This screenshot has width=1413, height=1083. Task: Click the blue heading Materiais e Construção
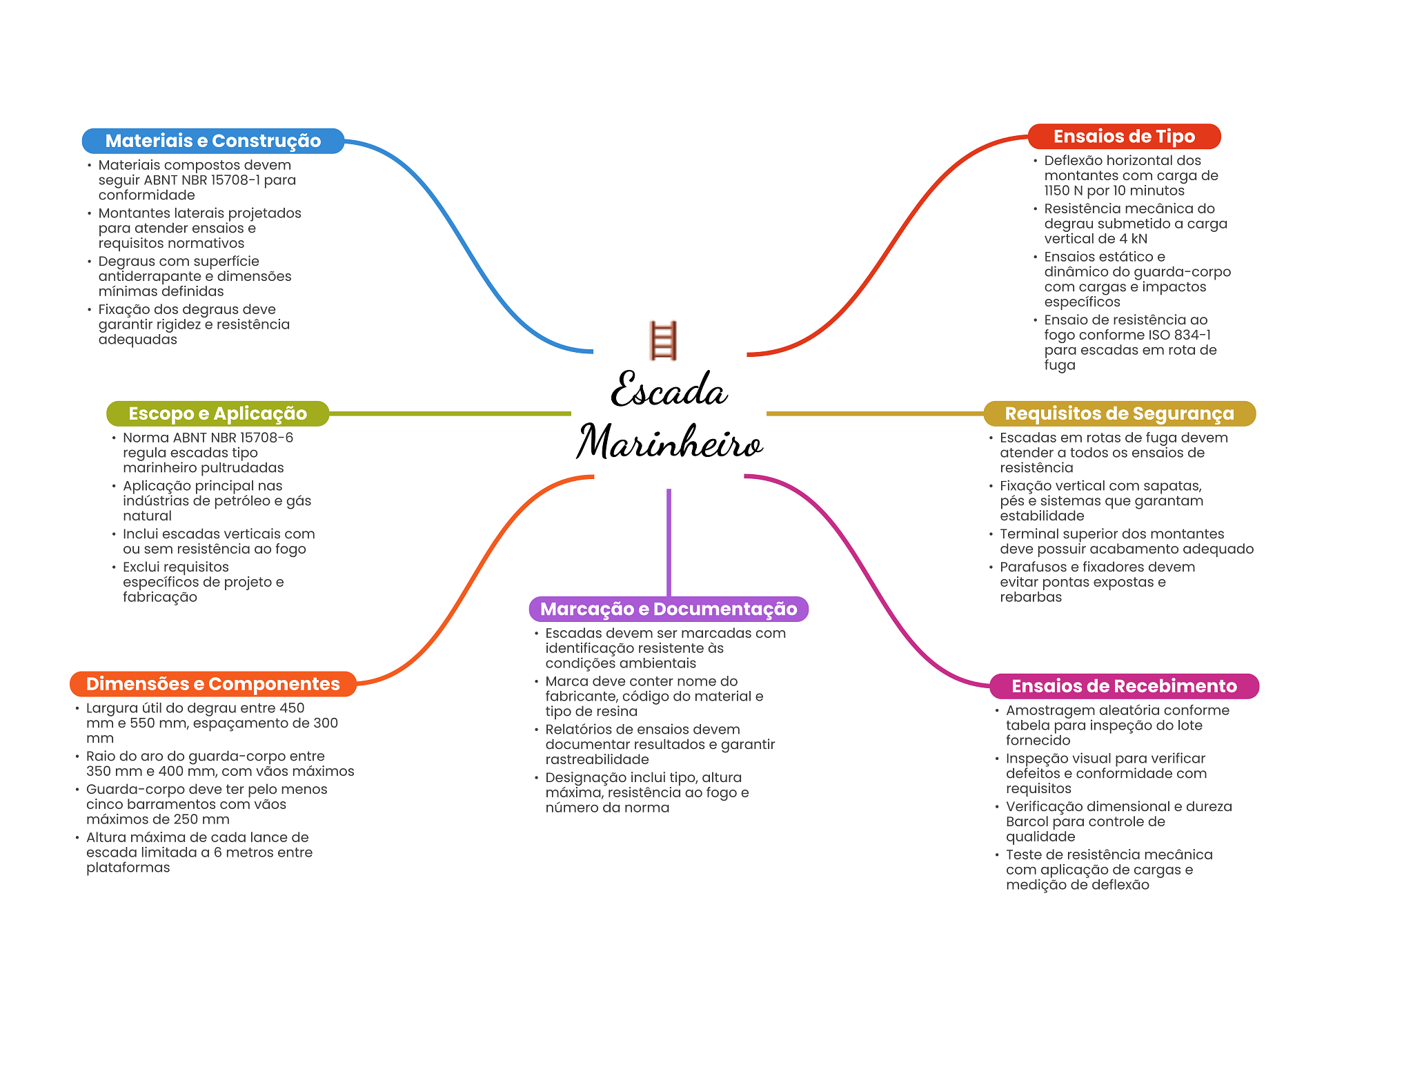(x=213, y=141)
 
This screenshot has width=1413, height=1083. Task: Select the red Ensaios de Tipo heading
(x=1123, y=137)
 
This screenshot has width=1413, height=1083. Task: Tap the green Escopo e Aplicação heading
(x=217, y=413)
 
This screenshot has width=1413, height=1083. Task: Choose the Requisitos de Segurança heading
(x=1118, y=413)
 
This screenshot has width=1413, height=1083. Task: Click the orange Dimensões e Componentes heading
(x=213, y=684)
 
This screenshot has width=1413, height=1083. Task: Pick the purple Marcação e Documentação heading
(x=668, y=609)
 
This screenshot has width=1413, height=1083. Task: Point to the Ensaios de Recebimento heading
(x=1123, y=686)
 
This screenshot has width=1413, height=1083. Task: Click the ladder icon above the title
(x=663, y=340)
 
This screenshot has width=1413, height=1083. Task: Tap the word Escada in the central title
(x=669, y=390)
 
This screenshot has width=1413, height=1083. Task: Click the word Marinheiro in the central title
(x=669, y=442)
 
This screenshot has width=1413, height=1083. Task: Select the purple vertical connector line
(x=669, y=542)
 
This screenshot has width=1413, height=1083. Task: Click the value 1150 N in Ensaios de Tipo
(x=1063, y=191)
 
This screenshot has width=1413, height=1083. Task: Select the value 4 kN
(x=1133, y=240)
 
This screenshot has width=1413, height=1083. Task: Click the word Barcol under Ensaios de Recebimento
(x=1029, y=822)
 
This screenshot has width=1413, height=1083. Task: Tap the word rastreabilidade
(x=597, y=760)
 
